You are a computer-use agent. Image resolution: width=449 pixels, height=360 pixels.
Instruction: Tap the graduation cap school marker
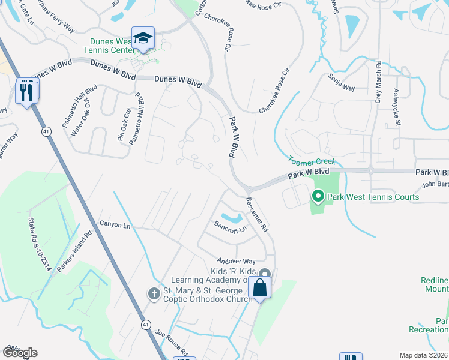(x=143, y=38)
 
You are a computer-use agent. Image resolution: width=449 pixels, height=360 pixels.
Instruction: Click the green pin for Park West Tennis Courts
(x=318, y=196)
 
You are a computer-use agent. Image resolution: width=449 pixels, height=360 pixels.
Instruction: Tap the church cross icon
(x=154, y=293)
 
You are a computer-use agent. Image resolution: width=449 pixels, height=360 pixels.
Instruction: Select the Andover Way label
(x=237, y=261)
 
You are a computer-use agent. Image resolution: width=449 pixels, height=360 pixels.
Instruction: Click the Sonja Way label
(x=342, y=83)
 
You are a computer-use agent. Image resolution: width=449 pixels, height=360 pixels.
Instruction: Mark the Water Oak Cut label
(x=81, y=119)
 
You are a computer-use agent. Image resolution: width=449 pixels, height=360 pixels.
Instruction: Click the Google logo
(x=20, y=352)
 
